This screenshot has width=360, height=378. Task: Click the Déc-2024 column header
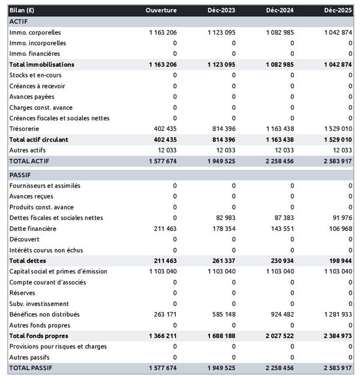coord(279,11)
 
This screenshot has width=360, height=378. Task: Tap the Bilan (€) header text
coord(22,11)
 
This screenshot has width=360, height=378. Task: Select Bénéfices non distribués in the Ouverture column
coord(163,314)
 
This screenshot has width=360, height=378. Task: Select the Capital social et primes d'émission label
coord(58,272)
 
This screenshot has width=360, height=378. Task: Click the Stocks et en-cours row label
coord(35,75)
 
